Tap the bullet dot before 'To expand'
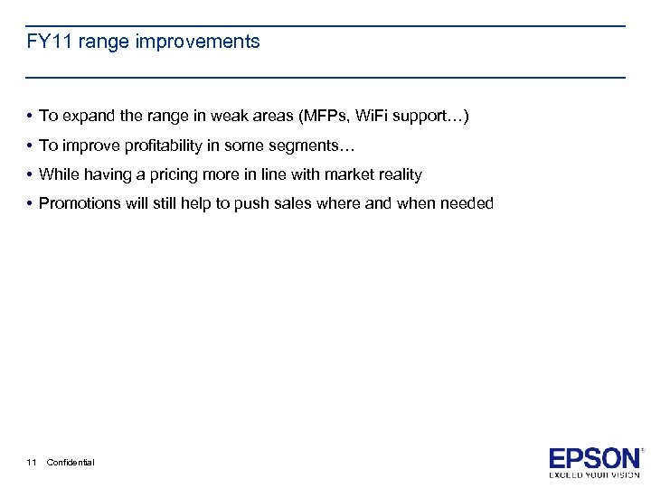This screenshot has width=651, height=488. pyautogui.click(x=30, y=117)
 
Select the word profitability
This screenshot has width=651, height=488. pyautogui.click(x=165, y=145)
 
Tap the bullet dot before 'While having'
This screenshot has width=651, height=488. pyautogui.click(x=30, y=174)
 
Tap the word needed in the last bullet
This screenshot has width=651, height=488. pyautogui.click(x=467, y=203)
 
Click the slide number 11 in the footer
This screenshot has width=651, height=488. pyautogui.click(x=32, y=463)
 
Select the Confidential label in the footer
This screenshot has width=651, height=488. pyautogui.click(x=71, y=463)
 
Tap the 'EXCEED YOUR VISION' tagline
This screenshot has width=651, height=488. pyautogui.click(x=595, y=474)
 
